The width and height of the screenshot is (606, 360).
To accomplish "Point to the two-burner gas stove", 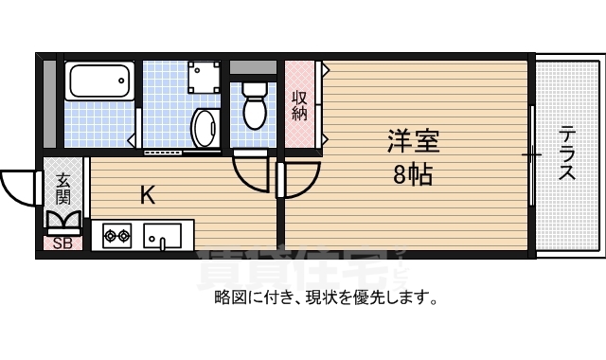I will (116, 234).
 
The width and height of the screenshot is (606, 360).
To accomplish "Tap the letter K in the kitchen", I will (148, 196).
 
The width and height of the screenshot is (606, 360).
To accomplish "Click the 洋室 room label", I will (413, 143).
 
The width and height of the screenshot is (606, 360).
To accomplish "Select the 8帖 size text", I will (412, 174).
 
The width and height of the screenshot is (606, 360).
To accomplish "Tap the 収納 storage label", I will (299, 105).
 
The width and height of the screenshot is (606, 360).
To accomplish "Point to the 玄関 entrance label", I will (62, 189).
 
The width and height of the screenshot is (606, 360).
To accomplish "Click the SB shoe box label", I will (62, 243).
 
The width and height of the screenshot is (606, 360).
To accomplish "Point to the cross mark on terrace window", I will (532, 153).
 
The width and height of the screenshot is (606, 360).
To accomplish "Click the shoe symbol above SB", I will (63, 222).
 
